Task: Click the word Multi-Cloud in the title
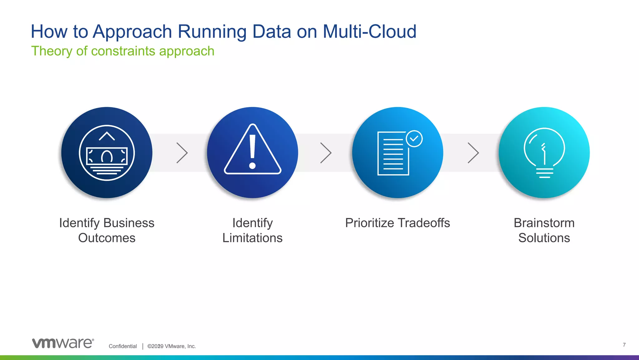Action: tap(369, 32)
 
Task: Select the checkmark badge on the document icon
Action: tap(414, 139)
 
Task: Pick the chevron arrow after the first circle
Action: tap(182, 153)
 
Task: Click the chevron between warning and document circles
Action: tap(326, 153)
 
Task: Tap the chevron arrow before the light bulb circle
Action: tap(473, 153)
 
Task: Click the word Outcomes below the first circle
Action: tap(107, 238)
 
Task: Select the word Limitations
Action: tap(252, 238)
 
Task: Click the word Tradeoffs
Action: tap(424, 223)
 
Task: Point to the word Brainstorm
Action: tap(544, 223)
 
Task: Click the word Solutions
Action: tap(544, 238)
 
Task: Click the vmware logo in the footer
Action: tap(63, 343)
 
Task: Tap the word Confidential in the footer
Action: tap(123, 346)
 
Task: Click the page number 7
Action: tap(624, 345)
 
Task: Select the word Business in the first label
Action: tap(129, 223)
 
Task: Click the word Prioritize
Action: tap(369, 223)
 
